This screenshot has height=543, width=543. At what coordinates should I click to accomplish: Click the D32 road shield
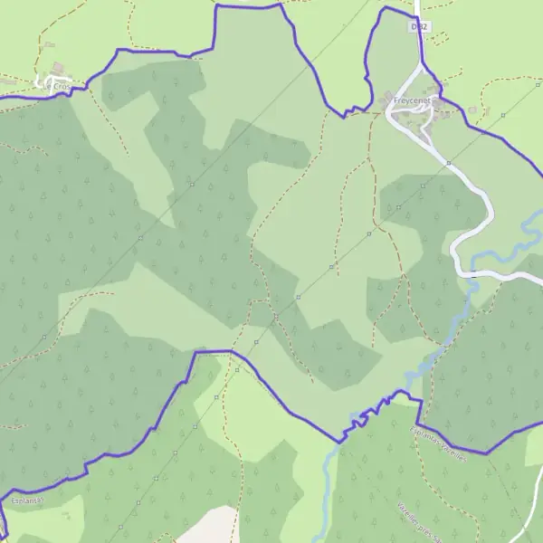[417, 27]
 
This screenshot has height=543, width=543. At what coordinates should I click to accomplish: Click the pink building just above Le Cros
[58, 68]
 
